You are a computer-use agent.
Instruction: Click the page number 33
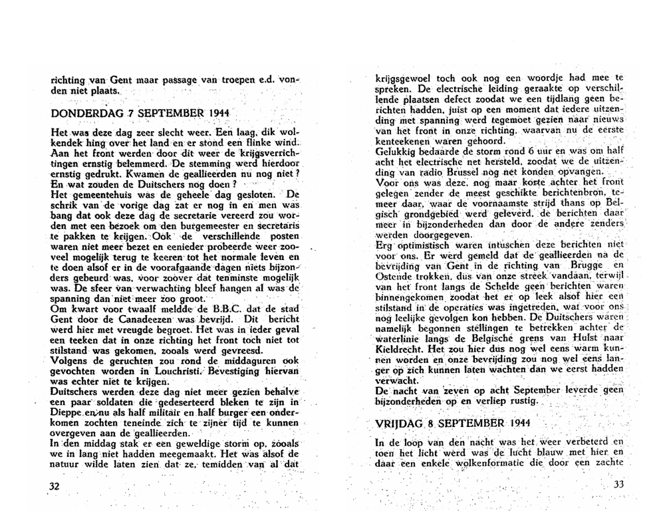pyautogui.click(x=619, y=484)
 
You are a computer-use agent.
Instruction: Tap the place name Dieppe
pyautogui.click(x=65, y=414)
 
